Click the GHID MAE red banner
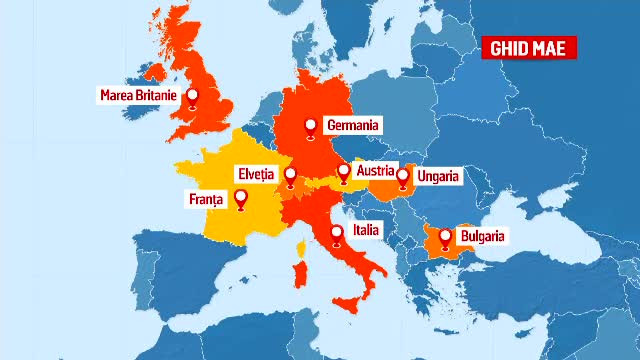(x=530, y=47)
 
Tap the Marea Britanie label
(x=138, y=96)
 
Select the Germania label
(x=353, y=126)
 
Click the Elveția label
(x=255, y=173)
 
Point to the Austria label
(x=379, y=169)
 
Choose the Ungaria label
(x=439, y=176)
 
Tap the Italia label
(x=366, y=230)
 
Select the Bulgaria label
(x=482, y=237)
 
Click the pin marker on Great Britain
(x=192, y=98)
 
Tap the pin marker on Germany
(x=311, y=126)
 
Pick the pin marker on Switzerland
(x=290, y=176)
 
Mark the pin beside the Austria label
(x=344, y=171)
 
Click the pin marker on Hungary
(x=403, y=177)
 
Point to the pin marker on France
(x=241, y=200)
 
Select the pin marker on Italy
(x=335, y=234)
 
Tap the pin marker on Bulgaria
(x=445, y=238)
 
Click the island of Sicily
(x=349, y=303)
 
